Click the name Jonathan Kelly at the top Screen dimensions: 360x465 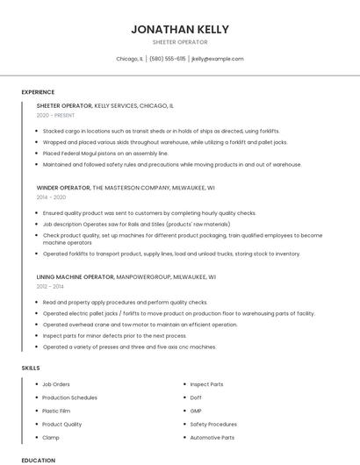[x=180, y=29]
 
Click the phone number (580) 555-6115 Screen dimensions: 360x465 [x=168, y=59]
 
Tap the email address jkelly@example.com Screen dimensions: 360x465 [x=217, y=59]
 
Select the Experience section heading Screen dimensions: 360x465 [x=38, y=92]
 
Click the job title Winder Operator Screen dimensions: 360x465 [x=63, y=187]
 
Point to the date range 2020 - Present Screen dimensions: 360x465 [x=55, y=115]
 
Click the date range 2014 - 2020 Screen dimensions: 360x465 [x=51, y=197]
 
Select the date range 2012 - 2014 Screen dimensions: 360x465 [x=51, y=287]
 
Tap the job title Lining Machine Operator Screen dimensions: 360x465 [x=76, y=276]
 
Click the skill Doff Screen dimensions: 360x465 [x=196, y=397]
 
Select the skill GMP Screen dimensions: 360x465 [x=196, y=411]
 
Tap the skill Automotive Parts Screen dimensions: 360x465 [x=212, y=437]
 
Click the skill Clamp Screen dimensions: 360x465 [x=51, y=437]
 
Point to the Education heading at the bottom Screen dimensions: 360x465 [x=38, y=460]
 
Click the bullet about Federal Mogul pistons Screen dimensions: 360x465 [x=105, y=153]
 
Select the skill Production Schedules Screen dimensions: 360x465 [x=68, y=397]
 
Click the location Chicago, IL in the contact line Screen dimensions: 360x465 [x=130, y=59]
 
